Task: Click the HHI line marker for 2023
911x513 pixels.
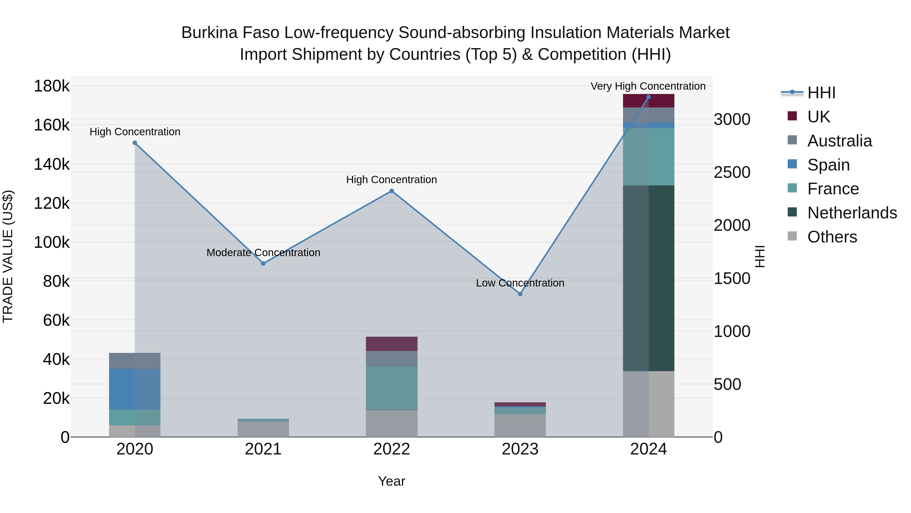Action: tap(520, 294)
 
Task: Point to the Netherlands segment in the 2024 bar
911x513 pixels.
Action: tap(649, 278)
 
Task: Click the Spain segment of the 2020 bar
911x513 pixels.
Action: tap(135, 389)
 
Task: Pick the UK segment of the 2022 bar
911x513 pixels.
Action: tap(391, 344)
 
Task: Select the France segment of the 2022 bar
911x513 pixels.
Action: tap(391, 388)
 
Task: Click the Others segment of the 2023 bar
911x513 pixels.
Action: tap(520, 425)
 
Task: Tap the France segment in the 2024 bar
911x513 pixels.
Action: tap(649, 157)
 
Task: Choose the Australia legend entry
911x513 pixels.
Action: tap(839, 141)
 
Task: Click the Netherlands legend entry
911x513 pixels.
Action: tap(852, 213)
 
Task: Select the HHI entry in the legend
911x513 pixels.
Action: tap(821, 93)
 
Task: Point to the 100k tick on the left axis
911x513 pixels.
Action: tap(52, 242)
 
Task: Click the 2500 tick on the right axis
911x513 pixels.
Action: tap(732, 173)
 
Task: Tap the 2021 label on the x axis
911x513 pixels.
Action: tap(263, 449)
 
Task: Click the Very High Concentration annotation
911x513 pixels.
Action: tap(648, 86)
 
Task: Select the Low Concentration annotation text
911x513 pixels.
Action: tap(520, 283)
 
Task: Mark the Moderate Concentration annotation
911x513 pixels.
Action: tap(263, 252)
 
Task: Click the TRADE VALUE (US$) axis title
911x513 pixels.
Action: tap(8, 256)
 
